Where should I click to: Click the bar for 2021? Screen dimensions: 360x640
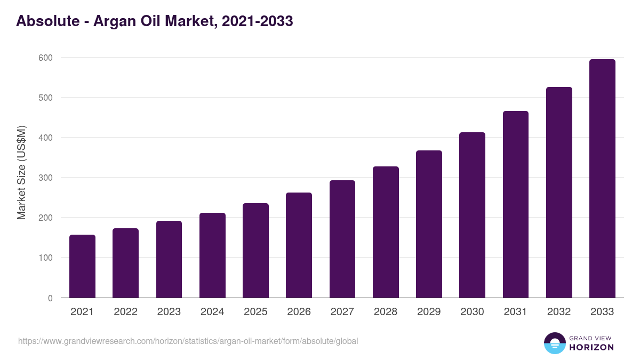click(x=82, y=266)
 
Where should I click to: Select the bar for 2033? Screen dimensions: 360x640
click(x=602, y=179)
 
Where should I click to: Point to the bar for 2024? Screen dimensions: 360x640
click(x=212, y=255)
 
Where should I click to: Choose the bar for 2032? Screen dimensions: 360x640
click(x=559, y=193)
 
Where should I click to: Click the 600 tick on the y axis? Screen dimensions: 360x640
click(x=46, y=58)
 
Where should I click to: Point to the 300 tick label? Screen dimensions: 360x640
click(x=46, y=178)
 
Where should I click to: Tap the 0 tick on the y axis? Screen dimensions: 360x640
click(x=50, y=298)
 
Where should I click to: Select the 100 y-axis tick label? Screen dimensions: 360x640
click(x=46, y=258)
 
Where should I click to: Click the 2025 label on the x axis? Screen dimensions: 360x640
click(x=255, y=312)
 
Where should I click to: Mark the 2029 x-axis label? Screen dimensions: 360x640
click(x=429, y=312)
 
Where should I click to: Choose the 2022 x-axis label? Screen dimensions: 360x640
click(x=125, y=312)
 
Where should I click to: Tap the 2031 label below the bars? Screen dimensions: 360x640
click(x=515, y=312)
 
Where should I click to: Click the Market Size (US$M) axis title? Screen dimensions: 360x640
click(x=21, y=172)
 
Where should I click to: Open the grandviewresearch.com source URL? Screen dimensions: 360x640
click(x=188, y=341)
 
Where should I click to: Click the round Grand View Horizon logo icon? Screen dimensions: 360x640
click(x=554, y=343)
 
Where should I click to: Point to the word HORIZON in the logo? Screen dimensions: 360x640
click(x=591, y=347)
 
